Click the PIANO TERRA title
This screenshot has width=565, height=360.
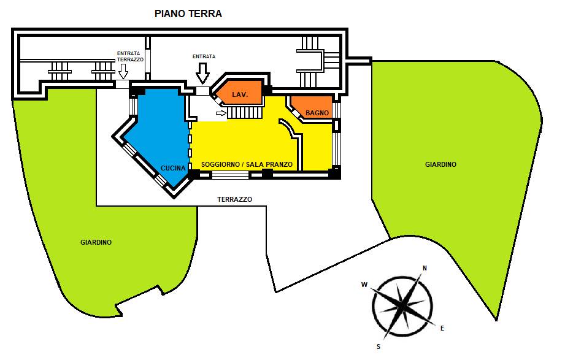click(x=188, y=13)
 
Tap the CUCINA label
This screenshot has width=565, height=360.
click(x=173, y=168)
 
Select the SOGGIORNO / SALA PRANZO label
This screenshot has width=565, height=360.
click(x=247, y=165)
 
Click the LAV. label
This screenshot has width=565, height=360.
click(x=240, y=95)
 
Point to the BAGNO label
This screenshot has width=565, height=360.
click(x=317, y=113)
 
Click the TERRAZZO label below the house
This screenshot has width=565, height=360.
click(x=234, y=199)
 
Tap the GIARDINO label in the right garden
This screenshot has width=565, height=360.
click(x=440, y=164)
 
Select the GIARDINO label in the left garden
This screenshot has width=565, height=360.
click(x=96, y=242)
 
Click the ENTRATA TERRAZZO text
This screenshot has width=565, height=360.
click(x=130, y=56)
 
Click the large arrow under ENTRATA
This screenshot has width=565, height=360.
click(x=203, y=74)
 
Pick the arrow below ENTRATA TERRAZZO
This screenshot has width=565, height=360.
click(x=123, y=71)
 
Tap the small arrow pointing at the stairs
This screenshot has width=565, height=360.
click(x=221, y=113)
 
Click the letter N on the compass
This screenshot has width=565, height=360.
click(x=425, y=268)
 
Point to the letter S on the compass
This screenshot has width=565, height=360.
click(x=379, y=347)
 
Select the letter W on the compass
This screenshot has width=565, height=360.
click(x=364, y=285)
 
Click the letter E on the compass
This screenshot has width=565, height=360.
click(x=442, y=328)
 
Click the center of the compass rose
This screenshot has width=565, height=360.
click(x=401, y=307)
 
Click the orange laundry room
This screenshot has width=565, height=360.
click(x=239, y=93)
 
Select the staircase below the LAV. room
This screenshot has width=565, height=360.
click(x=245, y=112)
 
